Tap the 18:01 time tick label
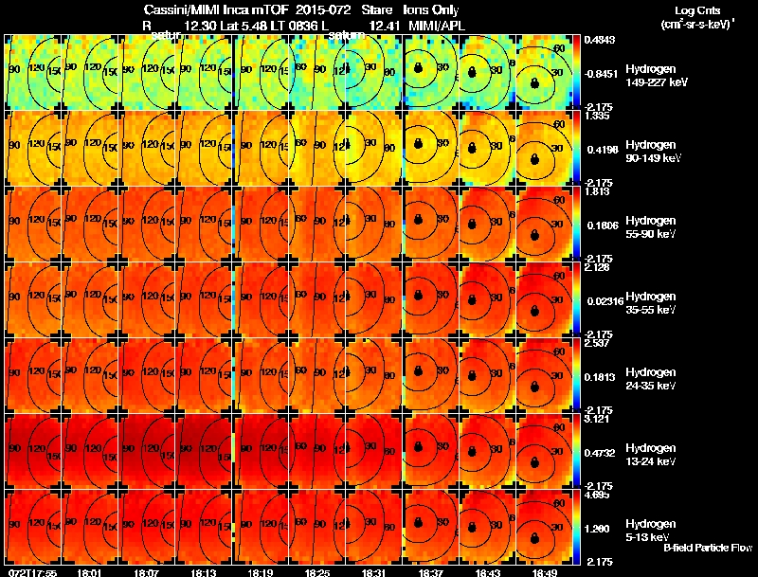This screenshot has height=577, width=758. click(x=91, y=572)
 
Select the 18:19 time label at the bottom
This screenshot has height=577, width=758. click(x=261, y=572)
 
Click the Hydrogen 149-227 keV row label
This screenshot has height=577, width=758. click(x=651, y=76)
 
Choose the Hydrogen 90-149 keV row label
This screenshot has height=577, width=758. click(x=651, y=152)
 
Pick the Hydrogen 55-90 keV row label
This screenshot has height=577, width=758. click(x=651, y=227)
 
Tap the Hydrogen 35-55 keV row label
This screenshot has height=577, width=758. click(x=651, y=303)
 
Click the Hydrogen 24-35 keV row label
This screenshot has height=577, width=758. click(x=651, y=379)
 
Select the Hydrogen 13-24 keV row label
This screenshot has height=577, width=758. click(x=651, y=454)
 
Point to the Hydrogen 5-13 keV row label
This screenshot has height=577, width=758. click(x=651, y=530)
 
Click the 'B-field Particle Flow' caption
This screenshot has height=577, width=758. click(x=708, y=548)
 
